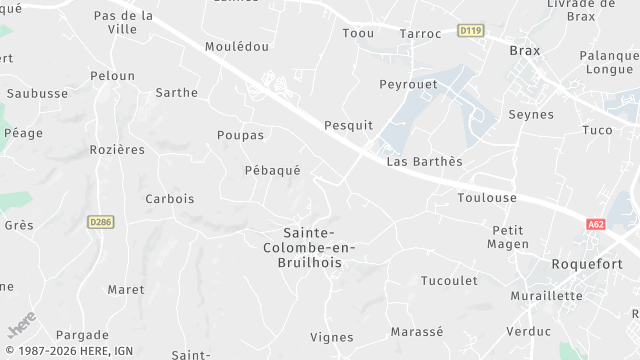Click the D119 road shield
pos(470,31)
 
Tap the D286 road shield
pos(99,222)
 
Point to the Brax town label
pos(524,50)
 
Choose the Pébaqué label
pos(272,171)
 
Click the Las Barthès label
pos(424,162)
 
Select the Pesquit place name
pos(348,125)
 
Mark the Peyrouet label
pos(408,84)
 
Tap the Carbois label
pos(170,199)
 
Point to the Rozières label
pos(117,150)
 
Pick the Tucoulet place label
pos(449,280)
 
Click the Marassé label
pos(417,332)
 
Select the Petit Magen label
pos(508,237)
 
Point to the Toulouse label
pos(487,198)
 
